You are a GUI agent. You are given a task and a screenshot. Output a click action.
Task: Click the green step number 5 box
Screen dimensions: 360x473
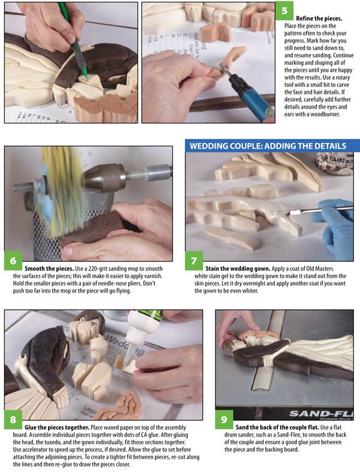point(284,11)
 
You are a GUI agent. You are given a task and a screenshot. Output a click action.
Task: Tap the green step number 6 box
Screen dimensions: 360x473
point(13,260)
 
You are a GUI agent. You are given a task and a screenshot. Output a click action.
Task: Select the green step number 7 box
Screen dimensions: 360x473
point(194,260)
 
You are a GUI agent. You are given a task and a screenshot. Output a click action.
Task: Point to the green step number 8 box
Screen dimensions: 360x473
point(13,419)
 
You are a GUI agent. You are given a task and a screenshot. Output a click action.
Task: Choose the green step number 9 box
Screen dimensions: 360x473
point(224,419)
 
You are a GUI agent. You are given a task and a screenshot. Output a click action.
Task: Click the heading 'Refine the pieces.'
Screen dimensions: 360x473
point(319,19)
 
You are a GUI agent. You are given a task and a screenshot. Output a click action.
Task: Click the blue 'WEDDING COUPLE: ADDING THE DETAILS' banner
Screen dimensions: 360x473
point(272,146)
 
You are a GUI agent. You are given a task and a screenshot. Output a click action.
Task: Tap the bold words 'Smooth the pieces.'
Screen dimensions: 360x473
point(49,269)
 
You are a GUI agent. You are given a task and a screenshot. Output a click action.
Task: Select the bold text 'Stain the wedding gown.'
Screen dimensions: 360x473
point(238,269)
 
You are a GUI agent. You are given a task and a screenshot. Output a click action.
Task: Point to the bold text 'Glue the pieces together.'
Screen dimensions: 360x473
point(57,427)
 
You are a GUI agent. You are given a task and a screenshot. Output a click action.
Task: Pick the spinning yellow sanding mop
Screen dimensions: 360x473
point(57,190)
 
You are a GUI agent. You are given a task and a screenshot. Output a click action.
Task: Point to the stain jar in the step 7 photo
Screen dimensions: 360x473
point(334,163)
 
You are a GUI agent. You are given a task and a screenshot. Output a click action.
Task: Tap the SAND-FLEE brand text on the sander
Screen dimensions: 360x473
point(321,413)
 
